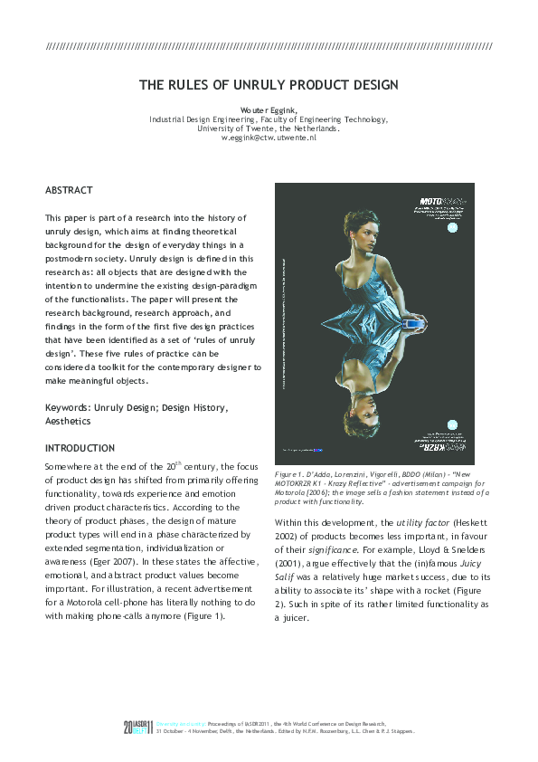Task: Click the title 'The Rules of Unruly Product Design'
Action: click(269, 85)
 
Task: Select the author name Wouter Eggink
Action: click(268, 110)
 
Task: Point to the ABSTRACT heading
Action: click(69, 190)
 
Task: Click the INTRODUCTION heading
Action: click(80, 448)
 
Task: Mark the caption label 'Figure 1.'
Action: click(289, 474)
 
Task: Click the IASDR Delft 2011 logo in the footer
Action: click(139, 727)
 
